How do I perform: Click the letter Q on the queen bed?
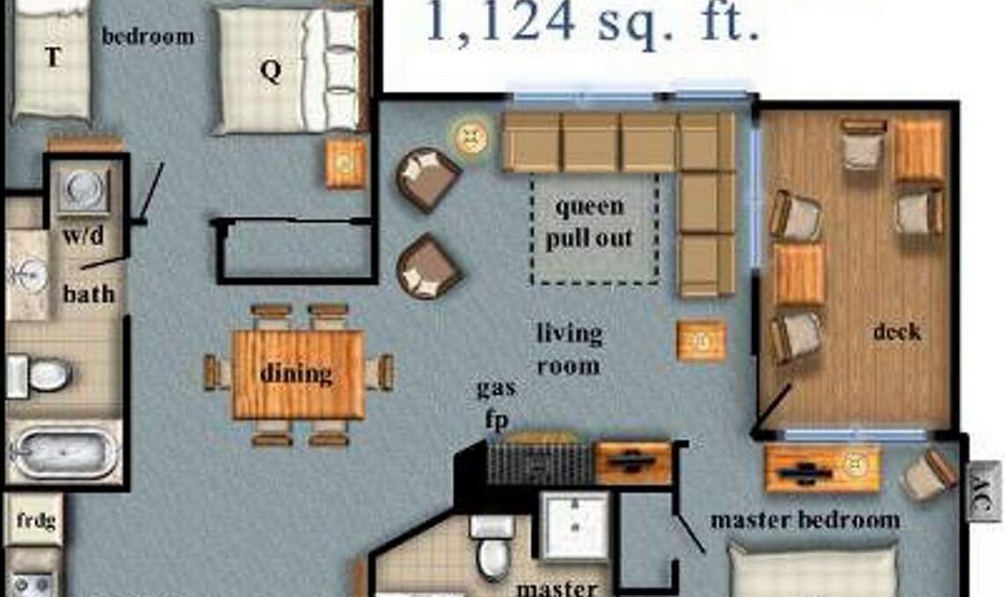coord(270,70)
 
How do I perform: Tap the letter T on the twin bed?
coord(53,57)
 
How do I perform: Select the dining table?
coord(298,375)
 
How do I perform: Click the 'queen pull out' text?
coord(589,223)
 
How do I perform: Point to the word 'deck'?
coord(897,331)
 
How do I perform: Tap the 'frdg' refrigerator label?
coord(36,520)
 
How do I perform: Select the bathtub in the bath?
coord(64,453)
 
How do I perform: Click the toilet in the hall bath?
coord(40,375)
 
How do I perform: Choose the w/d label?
coord(84,236)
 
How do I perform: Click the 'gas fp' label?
coord(496,403)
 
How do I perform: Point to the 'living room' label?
coord(568,349)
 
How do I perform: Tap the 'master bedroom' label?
coord(805,520)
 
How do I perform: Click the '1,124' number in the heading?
coord(500,21)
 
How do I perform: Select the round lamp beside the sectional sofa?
coord(471,136)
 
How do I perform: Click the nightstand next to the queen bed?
coord(345,164)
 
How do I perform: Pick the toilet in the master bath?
coord(492,548)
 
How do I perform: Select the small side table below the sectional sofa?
coord(701,341)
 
